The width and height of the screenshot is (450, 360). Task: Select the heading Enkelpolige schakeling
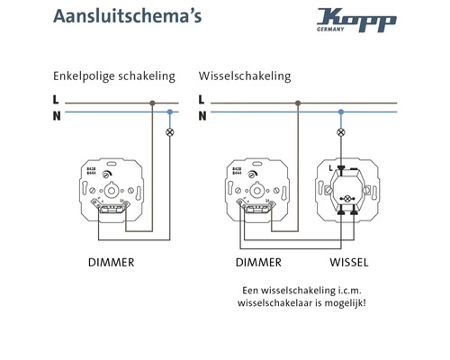click(114, 76)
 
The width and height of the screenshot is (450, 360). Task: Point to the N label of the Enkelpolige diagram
click(57, 114)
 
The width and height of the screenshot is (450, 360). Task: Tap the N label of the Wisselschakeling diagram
click(202, 114)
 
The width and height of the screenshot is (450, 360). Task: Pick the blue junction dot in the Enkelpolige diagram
click(170, 112)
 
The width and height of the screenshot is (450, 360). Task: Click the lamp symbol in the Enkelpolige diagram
click(170, 132)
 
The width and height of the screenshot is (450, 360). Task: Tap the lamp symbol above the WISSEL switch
click(340, 132)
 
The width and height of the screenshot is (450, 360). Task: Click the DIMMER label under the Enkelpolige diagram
click(111, 263)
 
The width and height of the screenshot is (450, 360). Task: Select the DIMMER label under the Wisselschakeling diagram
click(258, 263)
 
